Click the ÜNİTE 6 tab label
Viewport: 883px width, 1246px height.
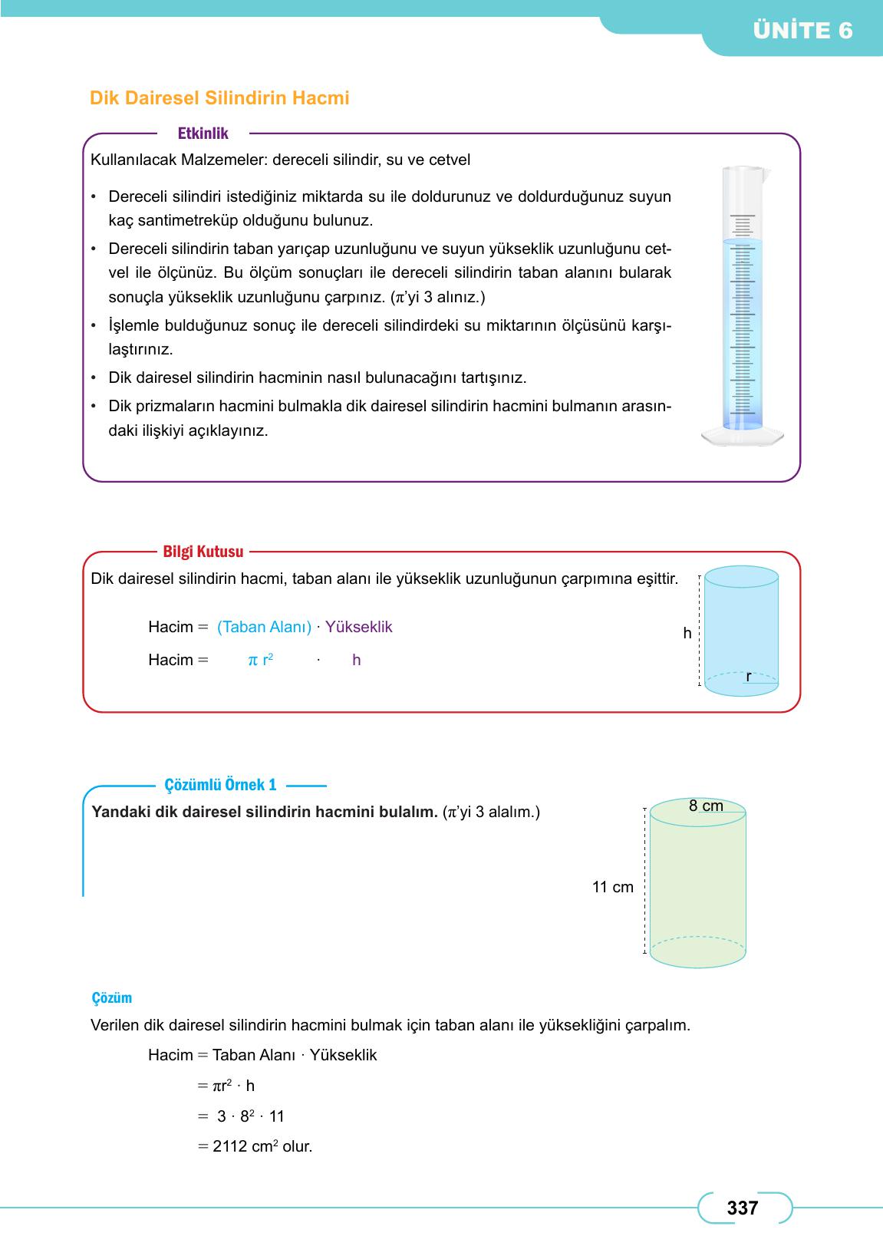pyautogui.click(x=802, y=31)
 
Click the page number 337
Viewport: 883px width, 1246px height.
pyautogui.click(x=742, y=1208)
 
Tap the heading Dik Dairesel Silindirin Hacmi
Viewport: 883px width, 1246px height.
pyautogui.click(x=219, y=98)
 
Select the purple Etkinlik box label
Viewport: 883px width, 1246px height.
pyautogui.click(x=203, y=133)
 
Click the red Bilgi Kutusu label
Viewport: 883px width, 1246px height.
pyautogui.click(x=203, y=552)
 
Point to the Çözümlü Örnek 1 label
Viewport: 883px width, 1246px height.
pyautogui.click(x=220, y=785)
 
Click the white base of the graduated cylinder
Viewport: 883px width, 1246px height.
pyautogui.click(x=743, y=437)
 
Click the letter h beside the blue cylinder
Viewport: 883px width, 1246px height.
pyautogui.click(x=687, y=634)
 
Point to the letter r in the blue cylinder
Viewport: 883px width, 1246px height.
pyautogui.click(x=749, y=677)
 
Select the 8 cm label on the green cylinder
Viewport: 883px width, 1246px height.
pyautogui.click(x=706, y=806)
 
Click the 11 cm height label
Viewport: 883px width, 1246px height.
pyautogui.click(x=612, y=888)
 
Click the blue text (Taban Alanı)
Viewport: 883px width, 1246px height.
pyautogui.click(x=264, y=627)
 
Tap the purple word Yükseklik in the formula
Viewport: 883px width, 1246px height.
pyautogui.click(x=358, y=627)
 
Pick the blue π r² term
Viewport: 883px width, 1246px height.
pyautogui.click(x=261, y=660)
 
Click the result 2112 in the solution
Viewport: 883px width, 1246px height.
pyautogui.click(x=230, y=1147)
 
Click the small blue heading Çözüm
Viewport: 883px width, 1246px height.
pyautogui.click(x=111, y=998)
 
